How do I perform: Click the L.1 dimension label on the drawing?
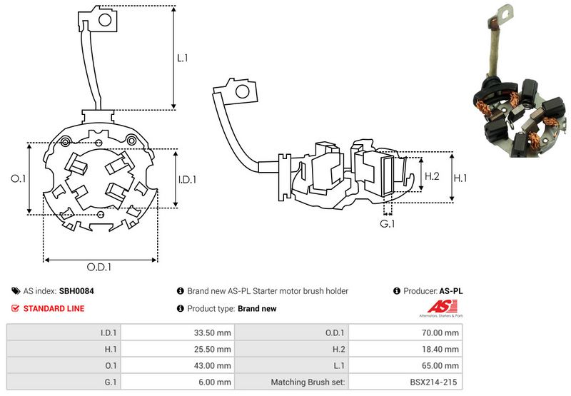click(x=182, y=57)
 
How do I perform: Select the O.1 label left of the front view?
click(x=19, y=179)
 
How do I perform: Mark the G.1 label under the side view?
click(x=388, y=225)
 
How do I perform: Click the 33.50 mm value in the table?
click(x=213, y=332)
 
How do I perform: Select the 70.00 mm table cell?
click(x=442, y=332)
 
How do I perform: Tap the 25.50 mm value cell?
click(x=213, y=349)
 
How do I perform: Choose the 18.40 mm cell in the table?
click(x=442, y=349)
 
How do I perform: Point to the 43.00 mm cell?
click(x=213, y=365)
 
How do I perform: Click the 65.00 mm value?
click(x=442, y=365)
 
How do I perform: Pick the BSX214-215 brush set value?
click(x=433, y=382)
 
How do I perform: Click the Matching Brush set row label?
click(x=308, y=382)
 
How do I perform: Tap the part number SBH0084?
click(x=76, y=291)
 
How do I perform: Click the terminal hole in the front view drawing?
click(x=104, y=20)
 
